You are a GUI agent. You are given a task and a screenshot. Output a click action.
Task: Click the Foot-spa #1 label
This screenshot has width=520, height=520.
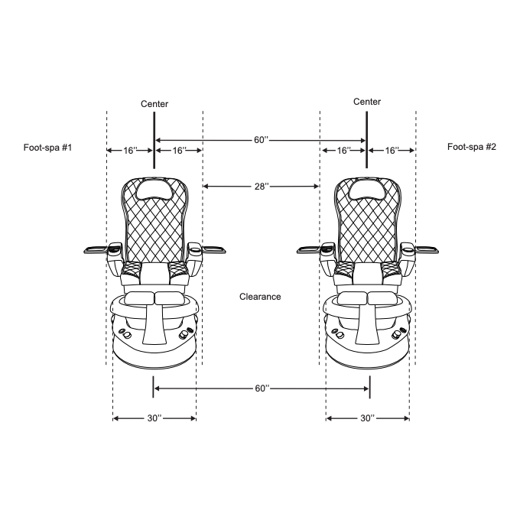point(47,148)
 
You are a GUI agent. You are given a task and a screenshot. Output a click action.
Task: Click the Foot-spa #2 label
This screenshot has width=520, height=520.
point(472,147)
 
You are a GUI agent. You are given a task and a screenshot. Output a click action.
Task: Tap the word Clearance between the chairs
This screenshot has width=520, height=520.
point(260,297)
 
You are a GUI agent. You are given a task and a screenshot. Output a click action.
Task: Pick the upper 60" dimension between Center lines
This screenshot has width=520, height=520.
point(261,140)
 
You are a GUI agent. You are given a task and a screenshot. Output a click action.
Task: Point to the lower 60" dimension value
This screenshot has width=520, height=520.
point(262,388)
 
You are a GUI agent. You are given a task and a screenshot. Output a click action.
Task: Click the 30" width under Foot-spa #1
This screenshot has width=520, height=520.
point(154,418)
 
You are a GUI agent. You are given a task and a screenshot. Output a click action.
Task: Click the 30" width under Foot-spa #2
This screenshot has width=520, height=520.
point(368,418)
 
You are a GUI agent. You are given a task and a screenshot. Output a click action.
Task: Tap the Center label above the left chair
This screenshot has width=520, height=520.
point(154,104)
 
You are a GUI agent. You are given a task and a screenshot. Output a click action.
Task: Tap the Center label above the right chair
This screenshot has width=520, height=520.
point(367,102)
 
